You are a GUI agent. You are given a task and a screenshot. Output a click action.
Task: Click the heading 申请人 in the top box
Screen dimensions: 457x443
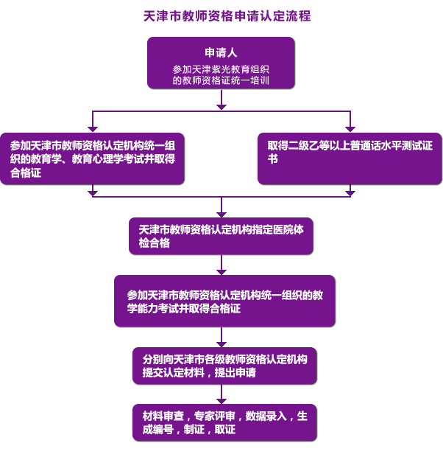pos(221,53)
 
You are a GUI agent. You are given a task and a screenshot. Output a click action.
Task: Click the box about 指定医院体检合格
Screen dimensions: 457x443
pos(221,236)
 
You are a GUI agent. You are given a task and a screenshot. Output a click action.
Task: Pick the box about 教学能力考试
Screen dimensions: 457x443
pos(224,301)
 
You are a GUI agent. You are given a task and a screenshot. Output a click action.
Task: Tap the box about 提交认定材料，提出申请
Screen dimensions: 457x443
pos(224,366)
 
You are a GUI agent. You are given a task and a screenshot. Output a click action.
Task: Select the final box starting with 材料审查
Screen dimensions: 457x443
pos(224,422)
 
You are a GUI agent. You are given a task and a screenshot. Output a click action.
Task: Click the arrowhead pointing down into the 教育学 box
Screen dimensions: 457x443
pos(92,128)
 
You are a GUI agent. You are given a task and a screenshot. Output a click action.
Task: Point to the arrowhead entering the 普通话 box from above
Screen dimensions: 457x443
pos(350,128)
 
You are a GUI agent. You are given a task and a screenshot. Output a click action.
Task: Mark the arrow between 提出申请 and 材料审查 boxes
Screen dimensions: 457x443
pos(221,396)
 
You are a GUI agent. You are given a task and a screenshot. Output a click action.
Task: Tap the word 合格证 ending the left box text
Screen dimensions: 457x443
pos(26,172)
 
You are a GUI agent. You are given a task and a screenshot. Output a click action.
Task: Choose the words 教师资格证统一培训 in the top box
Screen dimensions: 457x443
pos(221,80)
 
